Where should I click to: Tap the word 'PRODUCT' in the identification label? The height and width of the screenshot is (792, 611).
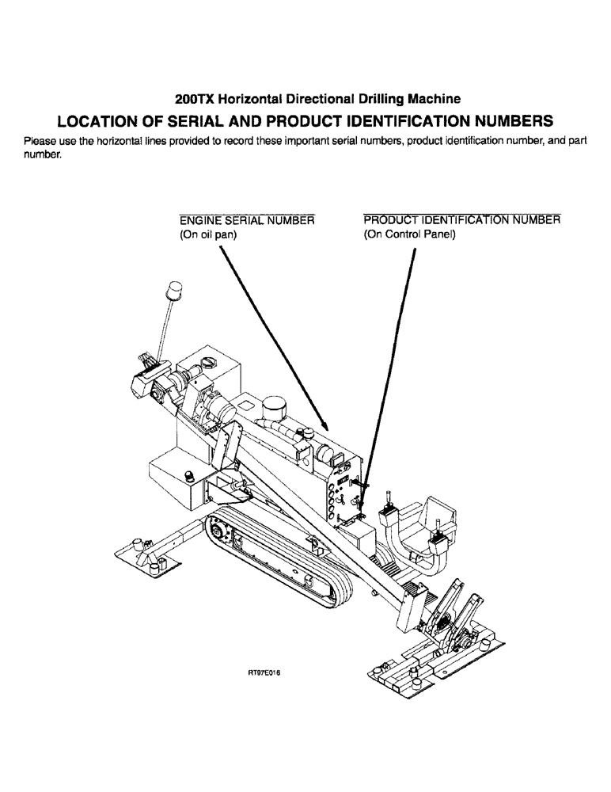click(x=389, y=219)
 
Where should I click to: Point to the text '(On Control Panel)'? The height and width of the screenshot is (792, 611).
click(x=410, y=234)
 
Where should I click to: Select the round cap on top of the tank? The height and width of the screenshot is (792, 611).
click(x=208, y=364)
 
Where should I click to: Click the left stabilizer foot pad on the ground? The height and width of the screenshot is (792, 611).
click(x=150, y=554)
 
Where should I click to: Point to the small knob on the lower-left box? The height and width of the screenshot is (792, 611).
click(x=189, y=475)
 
